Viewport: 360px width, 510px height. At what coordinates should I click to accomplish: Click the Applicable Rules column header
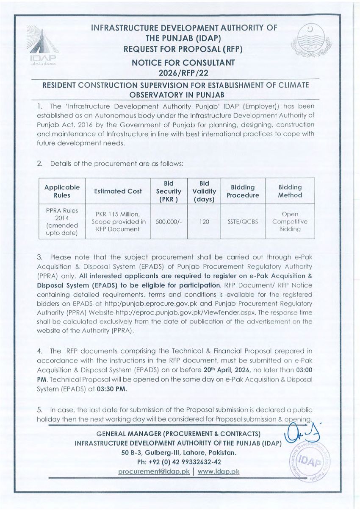(x=62, y=191)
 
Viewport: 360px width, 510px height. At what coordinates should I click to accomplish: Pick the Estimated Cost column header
(x=118, y=191)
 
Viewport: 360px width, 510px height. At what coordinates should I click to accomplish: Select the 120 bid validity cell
(x=204, y=221)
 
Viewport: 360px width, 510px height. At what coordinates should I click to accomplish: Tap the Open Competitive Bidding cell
(x=290, y=221)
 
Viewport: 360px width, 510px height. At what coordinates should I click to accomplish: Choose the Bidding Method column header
(x=290, y=191)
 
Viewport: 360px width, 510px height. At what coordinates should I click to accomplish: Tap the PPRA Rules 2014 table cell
(x=62, y=221)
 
